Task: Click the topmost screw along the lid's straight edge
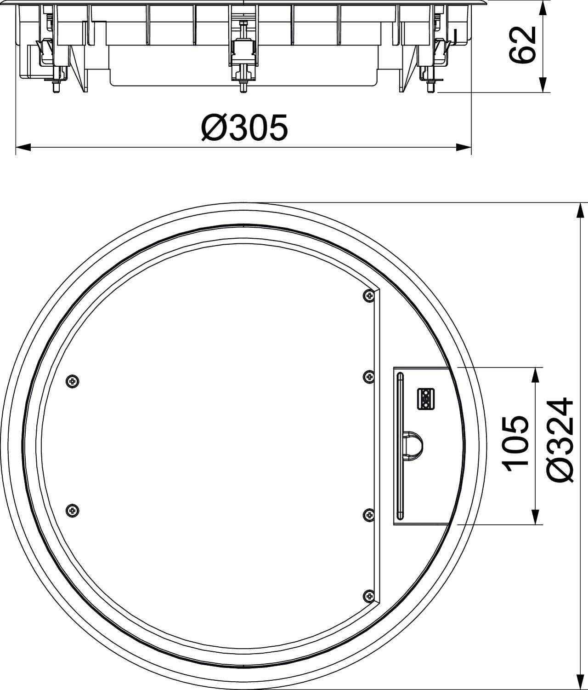click(368, 297)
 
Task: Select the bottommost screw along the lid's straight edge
click(368, 596)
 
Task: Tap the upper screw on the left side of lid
click(73, 381)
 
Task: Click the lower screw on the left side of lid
click(73, 510)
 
